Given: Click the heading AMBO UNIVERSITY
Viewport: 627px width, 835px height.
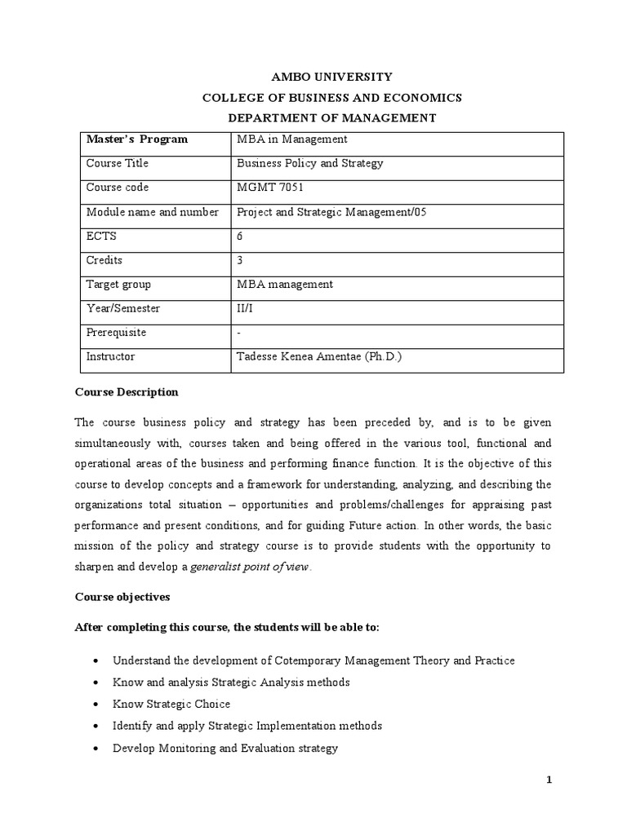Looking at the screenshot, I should coord(331,77).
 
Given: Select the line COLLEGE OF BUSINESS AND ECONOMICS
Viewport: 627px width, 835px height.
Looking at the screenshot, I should coord(331,98).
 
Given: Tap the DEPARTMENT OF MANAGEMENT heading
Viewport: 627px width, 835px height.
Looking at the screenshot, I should coord(331,118).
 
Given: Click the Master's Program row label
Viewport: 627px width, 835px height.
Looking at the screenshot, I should coord(137,139).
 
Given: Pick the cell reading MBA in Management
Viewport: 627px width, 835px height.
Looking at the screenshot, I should coord(291,139).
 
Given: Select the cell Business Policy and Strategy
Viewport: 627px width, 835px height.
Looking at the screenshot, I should coord(309,163).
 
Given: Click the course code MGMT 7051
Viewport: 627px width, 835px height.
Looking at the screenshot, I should coord(270,188).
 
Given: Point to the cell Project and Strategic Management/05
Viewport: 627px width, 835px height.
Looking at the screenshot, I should coord(331,212).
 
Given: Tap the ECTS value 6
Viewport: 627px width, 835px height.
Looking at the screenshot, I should coord(240,236).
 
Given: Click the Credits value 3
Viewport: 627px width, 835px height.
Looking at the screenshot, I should coord(240,260).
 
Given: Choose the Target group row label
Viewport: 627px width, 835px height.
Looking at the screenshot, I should coord(118,285).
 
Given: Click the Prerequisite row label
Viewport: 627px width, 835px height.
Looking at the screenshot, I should coord(117,333).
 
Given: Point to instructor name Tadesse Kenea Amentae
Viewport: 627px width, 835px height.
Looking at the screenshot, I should coord(319,356).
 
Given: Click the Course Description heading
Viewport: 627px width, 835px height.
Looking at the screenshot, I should coord(127,392).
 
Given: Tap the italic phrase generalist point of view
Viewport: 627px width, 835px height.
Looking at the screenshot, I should coord(250,568).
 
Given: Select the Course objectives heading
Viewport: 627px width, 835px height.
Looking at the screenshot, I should coord(122,597).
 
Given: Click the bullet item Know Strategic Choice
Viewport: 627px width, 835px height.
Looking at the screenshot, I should coord(171,704).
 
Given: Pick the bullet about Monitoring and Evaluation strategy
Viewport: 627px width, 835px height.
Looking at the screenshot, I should coord(225,748).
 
